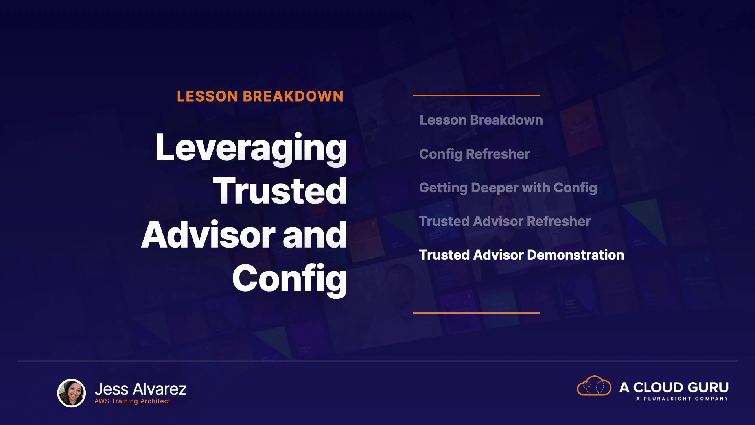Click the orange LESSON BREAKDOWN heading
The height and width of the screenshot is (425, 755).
coord(260,96)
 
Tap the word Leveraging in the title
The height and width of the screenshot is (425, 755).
coord(251,148)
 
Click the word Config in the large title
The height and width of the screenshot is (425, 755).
coord(289,279)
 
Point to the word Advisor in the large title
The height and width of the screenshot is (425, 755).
coord(208,235)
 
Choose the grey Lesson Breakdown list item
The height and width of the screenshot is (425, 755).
coord(481,120)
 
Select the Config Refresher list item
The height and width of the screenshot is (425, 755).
coord(474,154)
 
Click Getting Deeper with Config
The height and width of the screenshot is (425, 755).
coord(508,188)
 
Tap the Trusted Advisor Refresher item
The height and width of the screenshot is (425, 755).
coord(505,221)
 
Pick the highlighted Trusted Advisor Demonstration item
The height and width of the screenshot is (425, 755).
coord(521,255)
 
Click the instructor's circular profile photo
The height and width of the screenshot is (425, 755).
coord(72,393)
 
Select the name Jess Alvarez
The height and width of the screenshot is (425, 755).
coord(140,389)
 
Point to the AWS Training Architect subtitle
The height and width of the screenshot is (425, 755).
coord(133,401)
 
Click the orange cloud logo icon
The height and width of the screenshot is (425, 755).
coord(594,386)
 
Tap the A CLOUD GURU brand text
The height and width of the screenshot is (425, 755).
coord(674,387)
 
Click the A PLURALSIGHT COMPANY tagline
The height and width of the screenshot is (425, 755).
coord(682,399)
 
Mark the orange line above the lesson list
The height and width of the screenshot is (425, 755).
coord(477,95)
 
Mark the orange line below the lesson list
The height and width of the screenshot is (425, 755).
coord(477,313)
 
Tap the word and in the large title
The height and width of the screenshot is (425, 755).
coord(315,235)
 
